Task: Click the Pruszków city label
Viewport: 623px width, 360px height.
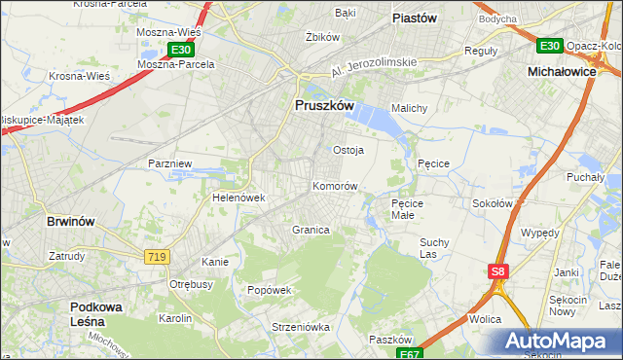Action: tap(323, 106)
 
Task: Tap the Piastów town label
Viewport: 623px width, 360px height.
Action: tap(413, 18)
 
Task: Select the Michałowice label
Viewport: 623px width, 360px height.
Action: tap(562, 72)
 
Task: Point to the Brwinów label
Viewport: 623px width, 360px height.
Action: tap(71, 221)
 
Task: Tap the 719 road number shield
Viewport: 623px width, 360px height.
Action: tap(157, 256)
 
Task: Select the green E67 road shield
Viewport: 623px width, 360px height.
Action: tap(412, 353)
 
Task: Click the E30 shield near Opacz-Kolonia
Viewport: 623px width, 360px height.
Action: tap(549, 45)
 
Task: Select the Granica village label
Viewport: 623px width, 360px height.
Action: tap(311, 230)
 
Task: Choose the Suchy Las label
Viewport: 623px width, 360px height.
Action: tap(432, 247)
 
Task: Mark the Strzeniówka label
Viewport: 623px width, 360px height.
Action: tap(275, 327)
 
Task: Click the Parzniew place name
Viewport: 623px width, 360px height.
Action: tap(168, 163)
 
